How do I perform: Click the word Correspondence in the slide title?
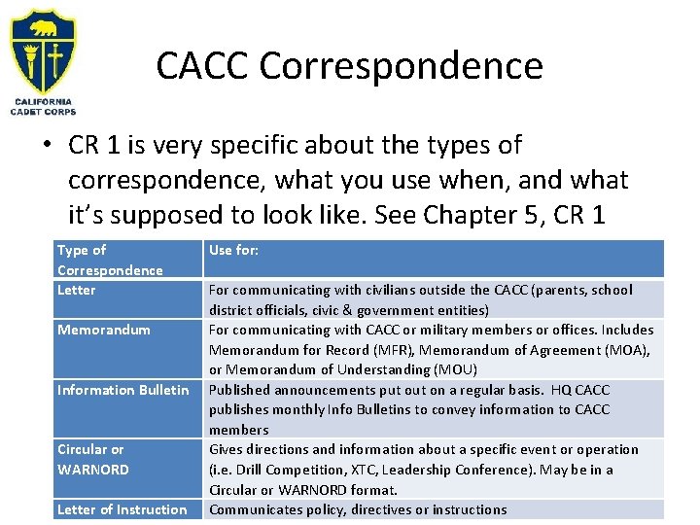click(x=402, y=66)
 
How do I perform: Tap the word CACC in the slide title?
click(x=203, y=66)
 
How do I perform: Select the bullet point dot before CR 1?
click(x=46, y=147)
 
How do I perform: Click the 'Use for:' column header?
click(x=233, y=251)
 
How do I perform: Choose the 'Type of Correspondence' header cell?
click(x=109, y=260)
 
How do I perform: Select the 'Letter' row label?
click(x=77, y=290)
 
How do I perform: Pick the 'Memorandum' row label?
click(x=104, y=330)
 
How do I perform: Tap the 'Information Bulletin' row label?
click(x=122, y=390)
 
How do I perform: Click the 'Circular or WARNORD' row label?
click(x=93, y=459)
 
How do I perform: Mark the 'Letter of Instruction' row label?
click(x=122, y=509)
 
